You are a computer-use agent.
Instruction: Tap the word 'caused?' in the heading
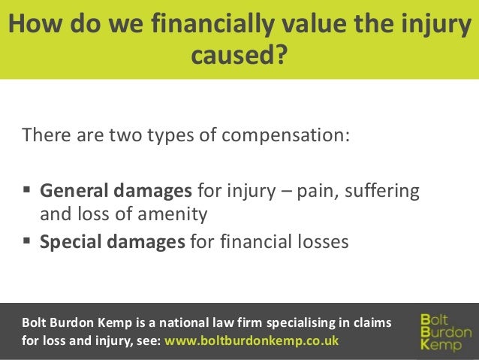(x=239, y=55)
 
